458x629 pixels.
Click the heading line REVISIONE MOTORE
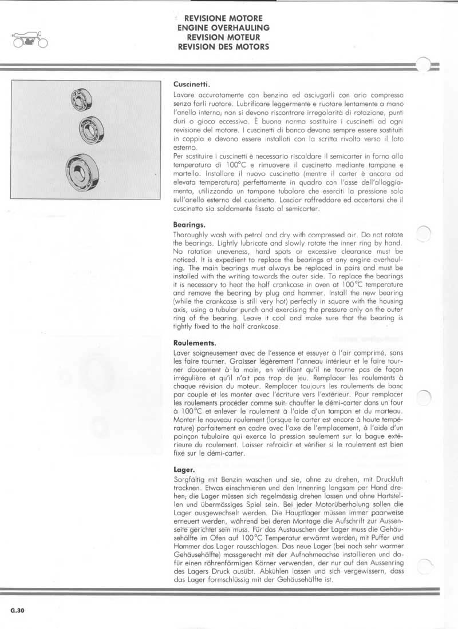click(223, 19)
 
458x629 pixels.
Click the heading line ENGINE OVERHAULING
click(223, 27)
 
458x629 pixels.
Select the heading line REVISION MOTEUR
click(223, 37)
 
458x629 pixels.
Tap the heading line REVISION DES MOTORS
click(223, 46)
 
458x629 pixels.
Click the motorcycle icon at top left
click(28, 40)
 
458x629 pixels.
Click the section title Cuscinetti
click(189, 82)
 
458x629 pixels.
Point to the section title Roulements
click(192, 343)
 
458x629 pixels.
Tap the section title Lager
click(182, 470)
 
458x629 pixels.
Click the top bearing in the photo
click(78, 100)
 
